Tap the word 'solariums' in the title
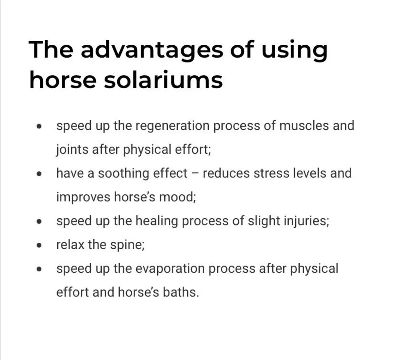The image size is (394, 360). pyautogui.click(x=163, y=80)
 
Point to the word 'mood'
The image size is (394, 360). pyautogui.click(x=177, y=197)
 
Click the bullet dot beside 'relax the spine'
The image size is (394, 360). pyautogui.click(x=39, y=245)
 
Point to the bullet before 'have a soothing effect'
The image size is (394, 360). pyautogui.click(x=39, y=174)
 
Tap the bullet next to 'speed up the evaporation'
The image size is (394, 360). pyautogui.click(x=39, y=269)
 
